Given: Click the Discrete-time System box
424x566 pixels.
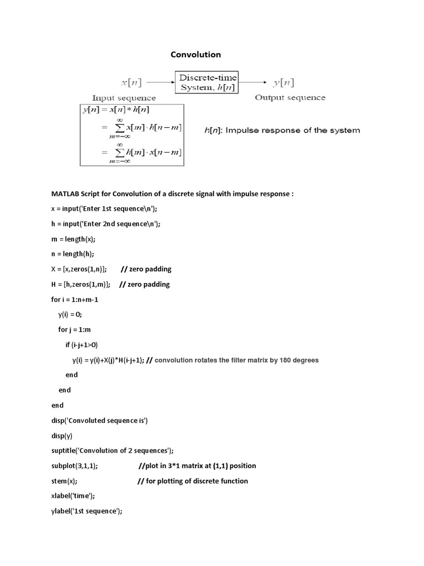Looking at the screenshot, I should [x=206, y=82].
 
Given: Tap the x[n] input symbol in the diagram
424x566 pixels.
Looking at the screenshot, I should [x=131, y=83].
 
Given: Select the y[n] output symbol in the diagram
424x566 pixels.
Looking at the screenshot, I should [x=284, y=83].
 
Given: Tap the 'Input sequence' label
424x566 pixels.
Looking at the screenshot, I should [x=124, y=98].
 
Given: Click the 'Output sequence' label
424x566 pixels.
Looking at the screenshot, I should [x=290, y=98].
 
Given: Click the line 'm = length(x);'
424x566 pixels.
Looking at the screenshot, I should [x=73, y=239].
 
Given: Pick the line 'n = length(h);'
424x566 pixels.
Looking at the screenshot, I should [x=72, y=254].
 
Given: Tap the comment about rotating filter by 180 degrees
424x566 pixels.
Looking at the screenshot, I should [x=237, y=360].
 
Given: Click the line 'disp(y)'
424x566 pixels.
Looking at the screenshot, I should [x=62, y=436].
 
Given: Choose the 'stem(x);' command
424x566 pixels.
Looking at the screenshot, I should [x=64, y=481].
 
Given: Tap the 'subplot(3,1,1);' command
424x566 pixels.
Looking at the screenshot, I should [x=75, y=466].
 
